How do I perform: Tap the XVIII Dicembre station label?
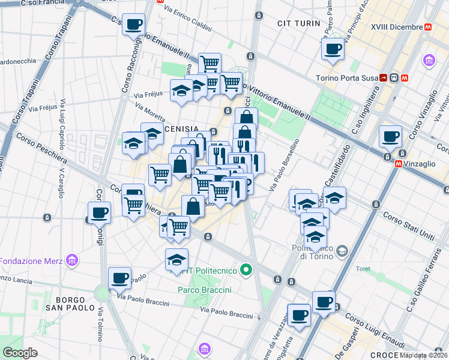tap(396, 27)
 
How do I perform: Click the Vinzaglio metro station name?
tap(423, 163)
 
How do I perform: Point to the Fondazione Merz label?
tap(31, 261)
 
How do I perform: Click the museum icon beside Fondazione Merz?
tap(73, 260)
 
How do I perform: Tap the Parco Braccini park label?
tap(205, 290)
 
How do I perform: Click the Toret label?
tap(363, 269)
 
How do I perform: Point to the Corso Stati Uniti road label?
tap(409, 226)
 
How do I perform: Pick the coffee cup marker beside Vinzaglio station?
tap(391, 136)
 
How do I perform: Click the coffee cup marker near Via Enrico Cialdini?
tap(133, 25)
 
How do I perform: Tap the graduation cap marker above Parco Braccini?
tap(176, 259)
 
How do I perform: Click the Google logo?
tap(20, 353)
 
